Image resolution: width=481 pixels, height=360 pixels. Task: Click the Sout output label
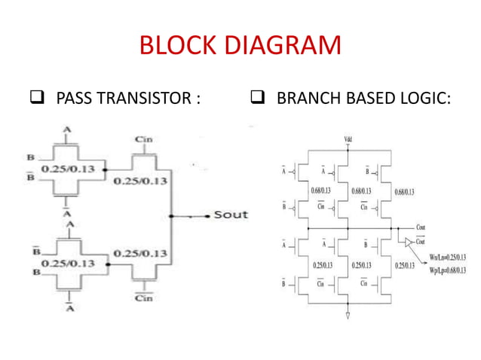pyautogui.click(x=231, y=215)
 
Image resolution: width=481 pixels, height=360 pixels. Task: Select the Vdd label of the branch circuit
pyautogui.click(x=348, y=140)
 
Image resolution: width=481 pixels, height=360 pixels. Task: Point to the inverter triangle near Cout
pyautogui.click(x=408, y=242)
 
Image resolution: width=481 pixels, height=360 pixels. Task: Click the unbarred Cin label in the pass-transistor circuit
pyautogui.click(x=143, y=139)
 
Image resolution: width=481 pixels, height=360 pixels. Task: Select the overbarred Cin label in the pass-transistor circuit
pyautogui.click(x=143, y=298)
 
